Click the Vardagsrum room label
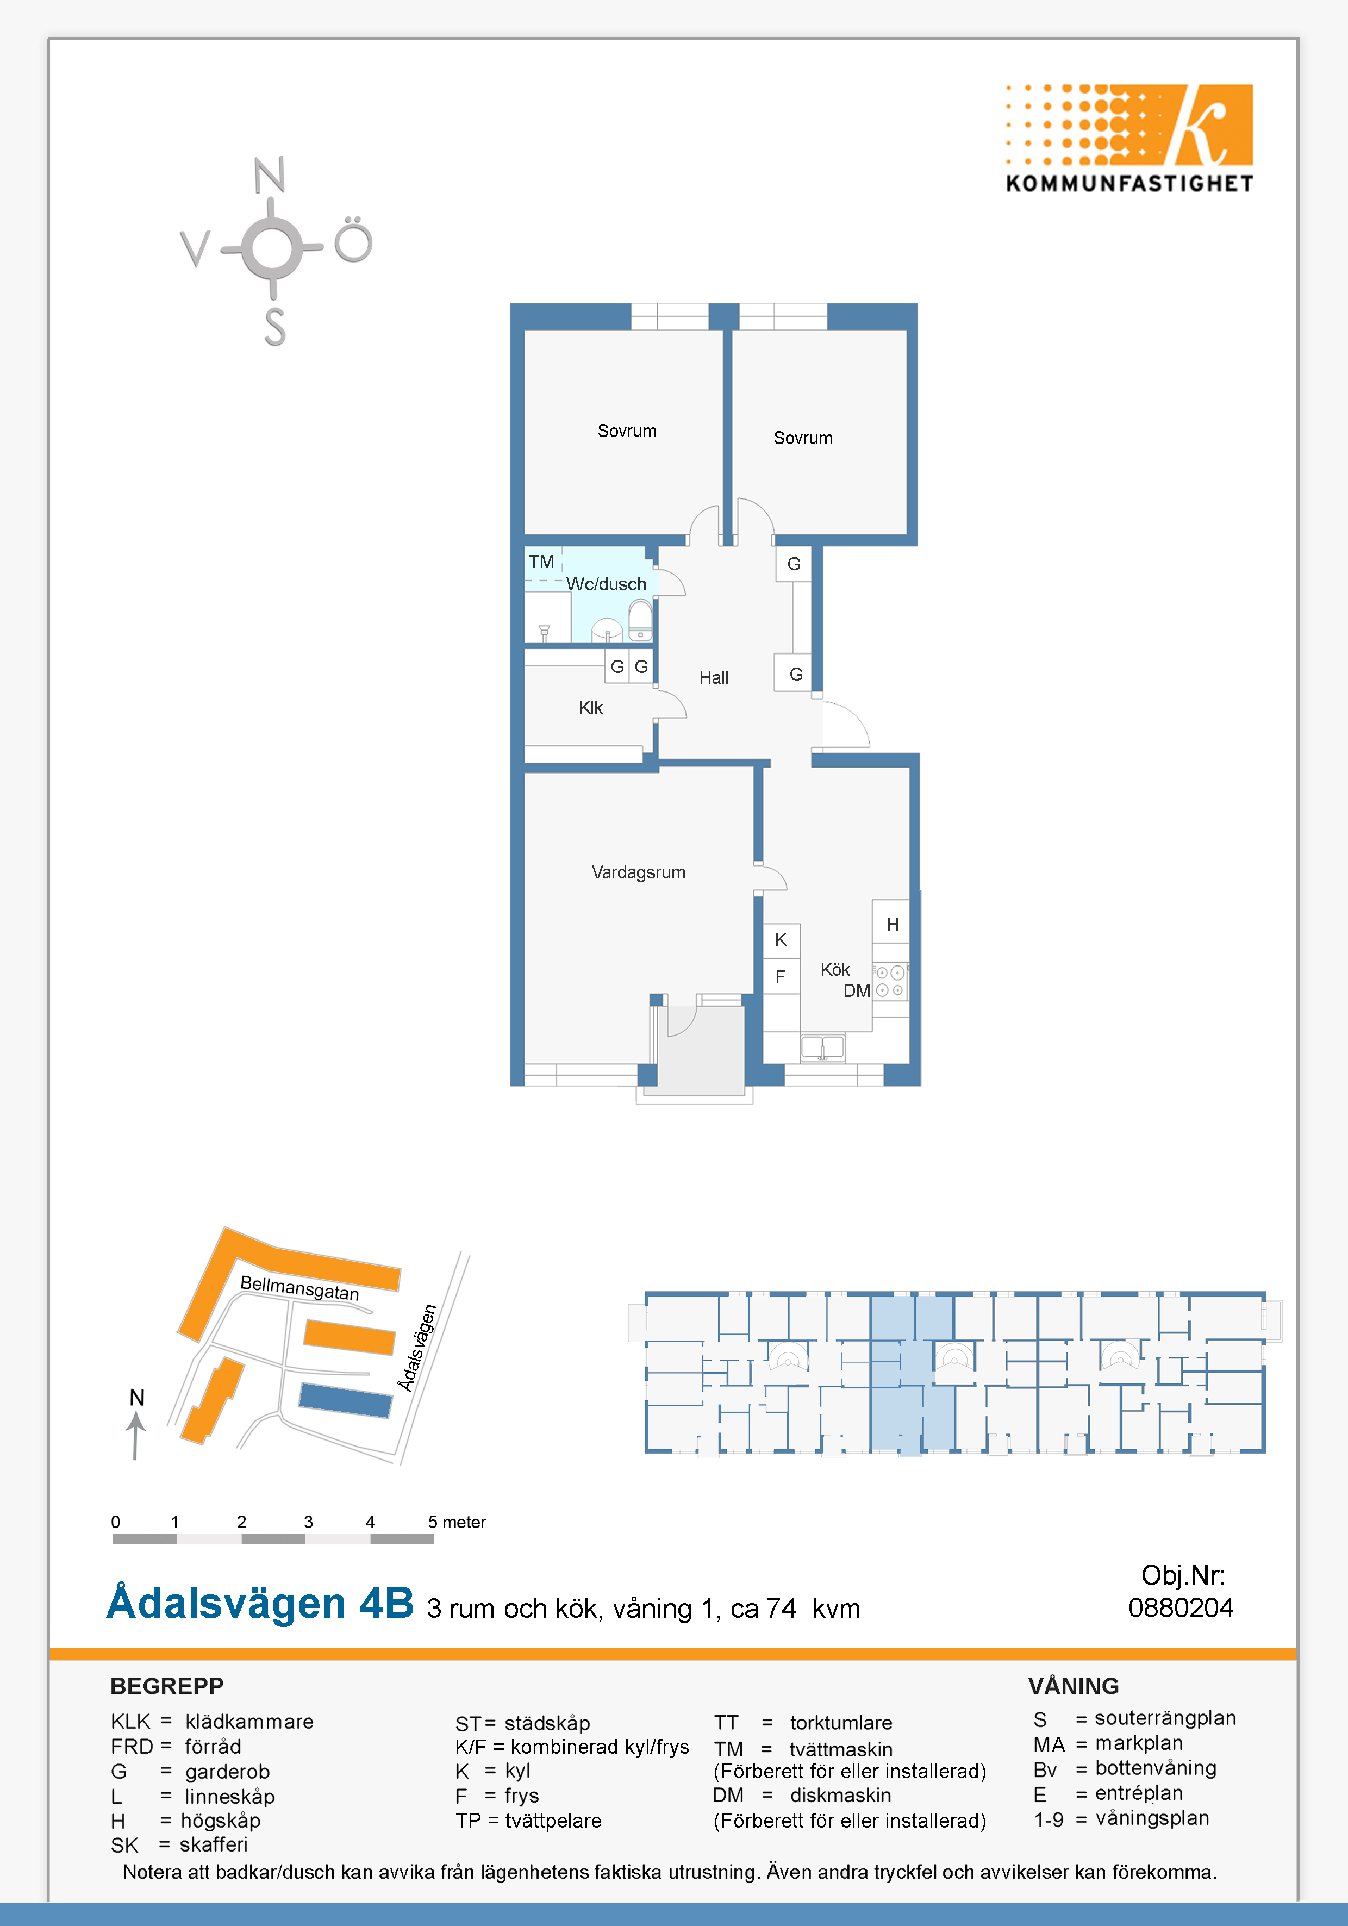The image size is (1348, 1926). (x=638, y=872)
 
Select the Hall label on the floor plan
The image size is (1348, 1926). (x=714, y=678)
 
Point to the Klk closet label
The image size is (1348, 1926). (x=590, y=707)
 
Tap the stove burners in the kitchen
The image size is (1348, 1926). (x=890, y=981)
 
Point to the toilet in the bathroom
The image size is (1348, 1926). (x=640, y=621)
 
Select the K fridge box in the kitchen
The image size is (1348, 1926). (x=781, y=940)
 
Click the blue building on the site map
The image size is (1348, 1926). (x=346, y=1400)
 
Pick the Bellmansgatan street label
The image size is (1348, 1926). (x=299, y=1288)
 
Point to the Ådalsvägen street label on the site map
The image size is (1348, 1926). (x=418, y=1348)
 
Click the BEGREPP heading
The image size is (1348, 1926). (x=167, y=1686)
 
